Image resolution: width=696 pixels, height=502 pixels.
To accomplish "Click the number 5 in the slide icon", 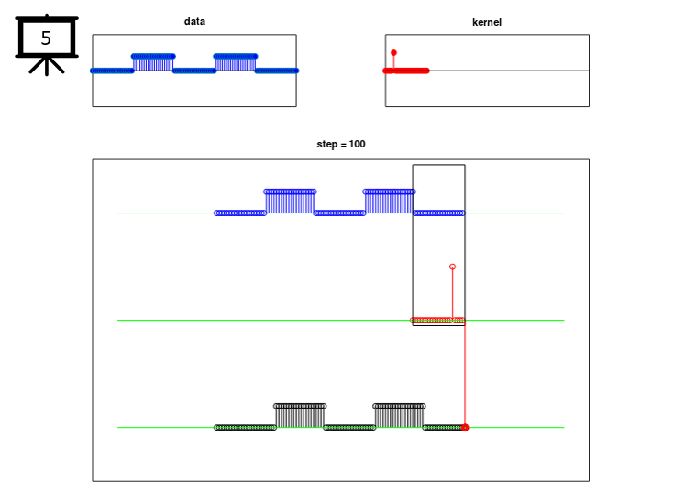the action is click(x=46, y=38).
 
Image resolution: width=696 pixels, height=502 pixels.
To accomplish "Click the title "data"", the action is click(x=194, y=21).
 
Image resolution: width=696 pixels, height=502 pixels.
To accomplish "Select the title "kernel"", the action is click(x=487, y=22).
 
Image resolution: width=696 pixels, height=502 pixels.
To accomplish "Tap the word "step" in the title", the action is click(x=326, y=145).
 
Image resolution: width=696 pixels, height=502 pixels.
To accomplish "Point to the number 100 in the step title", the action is click(x=358, y=144).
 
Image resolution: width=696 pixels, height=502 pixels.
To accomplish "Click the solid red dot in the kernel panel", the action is click(x=393, y=53).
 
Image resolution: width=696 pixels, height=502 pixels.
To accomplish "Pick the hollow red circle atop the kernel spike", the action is click(x=452, y=267).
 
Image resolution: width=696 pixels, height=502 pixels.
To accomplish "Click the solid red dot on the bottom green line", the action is click(x=465, y=428).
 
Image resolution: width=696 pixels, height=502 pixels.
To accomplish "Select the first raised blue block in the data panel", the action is click(x=153, y=63).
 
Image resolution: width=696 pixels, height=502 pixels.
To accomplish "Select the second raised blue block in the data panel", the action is click(x=236, y=63).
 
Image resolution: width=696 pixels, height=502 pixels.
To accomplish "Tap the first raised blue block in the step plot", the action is click(x=290, y=202).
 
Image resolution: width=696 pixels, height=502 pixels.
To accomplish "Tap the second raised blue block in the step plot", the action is click(x=389, y=202).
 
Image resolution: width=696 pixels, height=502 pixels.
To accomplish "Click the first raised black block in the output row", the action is click(x=300, y=417).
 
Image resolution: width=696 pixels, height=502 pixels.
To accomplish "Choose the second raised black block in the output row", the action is click(x=399, y=417).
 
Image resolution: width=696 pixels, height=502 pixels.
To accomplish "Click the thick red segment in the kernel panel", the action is click(x=406, y=71).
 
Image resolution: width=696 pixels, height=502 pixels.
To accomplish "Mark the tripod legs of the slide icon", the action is click(x=47, y=66).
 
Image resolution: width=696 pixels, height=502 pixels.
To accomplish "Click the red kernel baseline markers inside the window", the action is click(x=437, y=321).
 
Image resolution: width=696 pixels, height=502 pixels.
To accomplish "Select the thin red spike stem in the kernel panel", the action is click(x=393, y=62).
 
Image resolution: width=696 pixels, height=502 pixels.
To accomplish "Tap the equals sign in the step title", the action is click(x=343, y=145).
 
